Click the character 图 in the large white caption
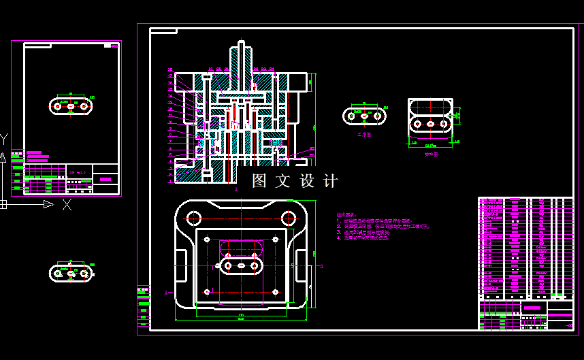pyautogui.click(x=259, y=181)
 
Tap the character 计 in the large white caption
pyautogui.click(x=330, y=181)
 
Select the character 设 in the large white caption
pyautogui.click(x=307, y=181)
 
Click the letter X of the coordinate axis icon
pyautogui.click(x=67, y=204)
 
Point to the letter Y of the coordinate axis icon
pyautogui.click(x=4, y=140)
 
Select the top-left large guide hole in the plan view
pyautogui.click(x=195, y=218)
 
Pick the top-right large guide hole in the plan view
pyautogui.click(x=289, y=218)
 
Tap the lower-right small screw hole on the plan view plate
pyautogui.click(x=275, y=292)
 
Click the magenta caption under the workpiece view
pyautogui.click(x=364, y=135)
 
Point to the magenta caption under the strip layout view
pyautogui.click(x=431, y=154)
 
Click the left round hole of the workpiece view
pyautogui.click(x=351, y=116)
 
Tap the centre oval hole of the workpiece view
pyautogui.click(x=365, y=116)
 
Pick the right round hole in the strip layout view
pyautogui.click(x=444, y=125)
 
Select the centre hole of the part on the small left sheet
pyautogui.click(x=71, y=106)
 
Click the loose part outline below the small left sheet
pyautogui.click(x=71, y=273)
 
